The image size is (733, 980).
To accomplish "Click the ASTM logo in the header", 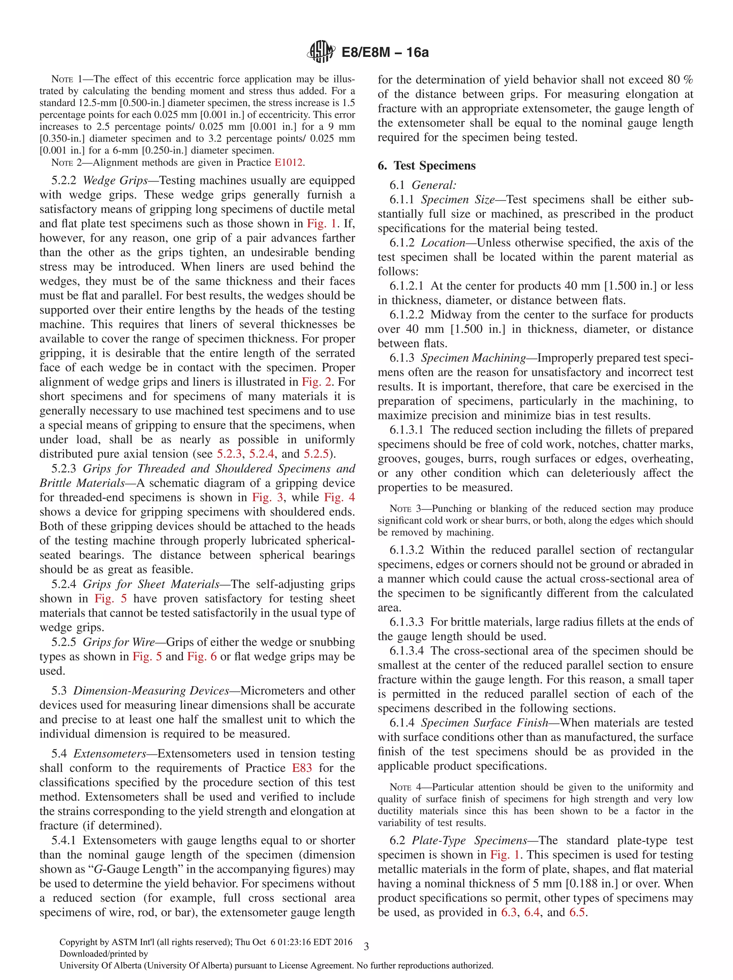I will (321, 52).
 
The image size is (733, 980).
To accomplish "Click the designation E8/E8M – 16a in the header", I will (385, 52).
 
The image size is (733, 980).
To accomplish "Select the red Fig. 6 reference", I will (202, 656).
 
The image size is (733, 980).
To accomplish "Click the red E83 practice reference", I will (302, 768).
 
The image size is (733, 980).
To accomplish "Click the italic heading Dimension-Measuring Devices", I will (151, 691).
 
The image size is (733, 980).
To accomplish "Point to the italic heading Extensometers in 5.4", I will (110, 754).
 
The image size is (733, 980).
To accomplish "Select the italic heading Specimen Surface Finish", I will (484, 723).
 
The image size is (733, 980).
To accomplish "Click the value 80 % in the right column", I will (679, 80).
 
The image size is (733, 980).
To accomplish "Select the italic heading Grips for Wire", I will (119, 642).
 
